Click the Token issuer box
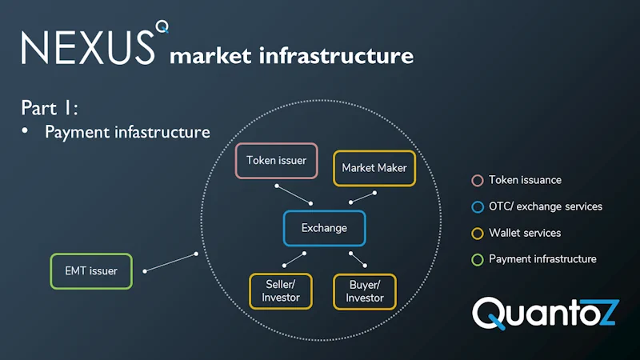tap(276, 161)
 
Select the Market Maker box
tap(374, 168)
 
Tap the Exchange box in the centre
tap(324, 228)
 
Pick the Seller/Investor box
tap(280, 291)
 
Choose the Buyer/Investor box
tap(364, 291)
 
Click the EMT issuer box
tap(91, 271)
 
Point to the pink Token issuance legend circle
tap(478, 181)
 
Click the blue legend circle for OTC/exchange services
tap(478, 206)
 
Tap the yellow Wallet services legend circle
tap(478, 233)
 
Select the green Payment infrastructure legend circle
tap(478, 259)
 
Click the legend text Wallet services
tap(525, 233)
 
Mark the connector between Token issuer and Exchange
tap(293, 194)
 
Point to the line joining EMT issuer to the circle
tap(170, 263)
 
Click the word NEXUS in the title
tap(86, 47)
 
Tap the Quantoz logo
tap(544, 311)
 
